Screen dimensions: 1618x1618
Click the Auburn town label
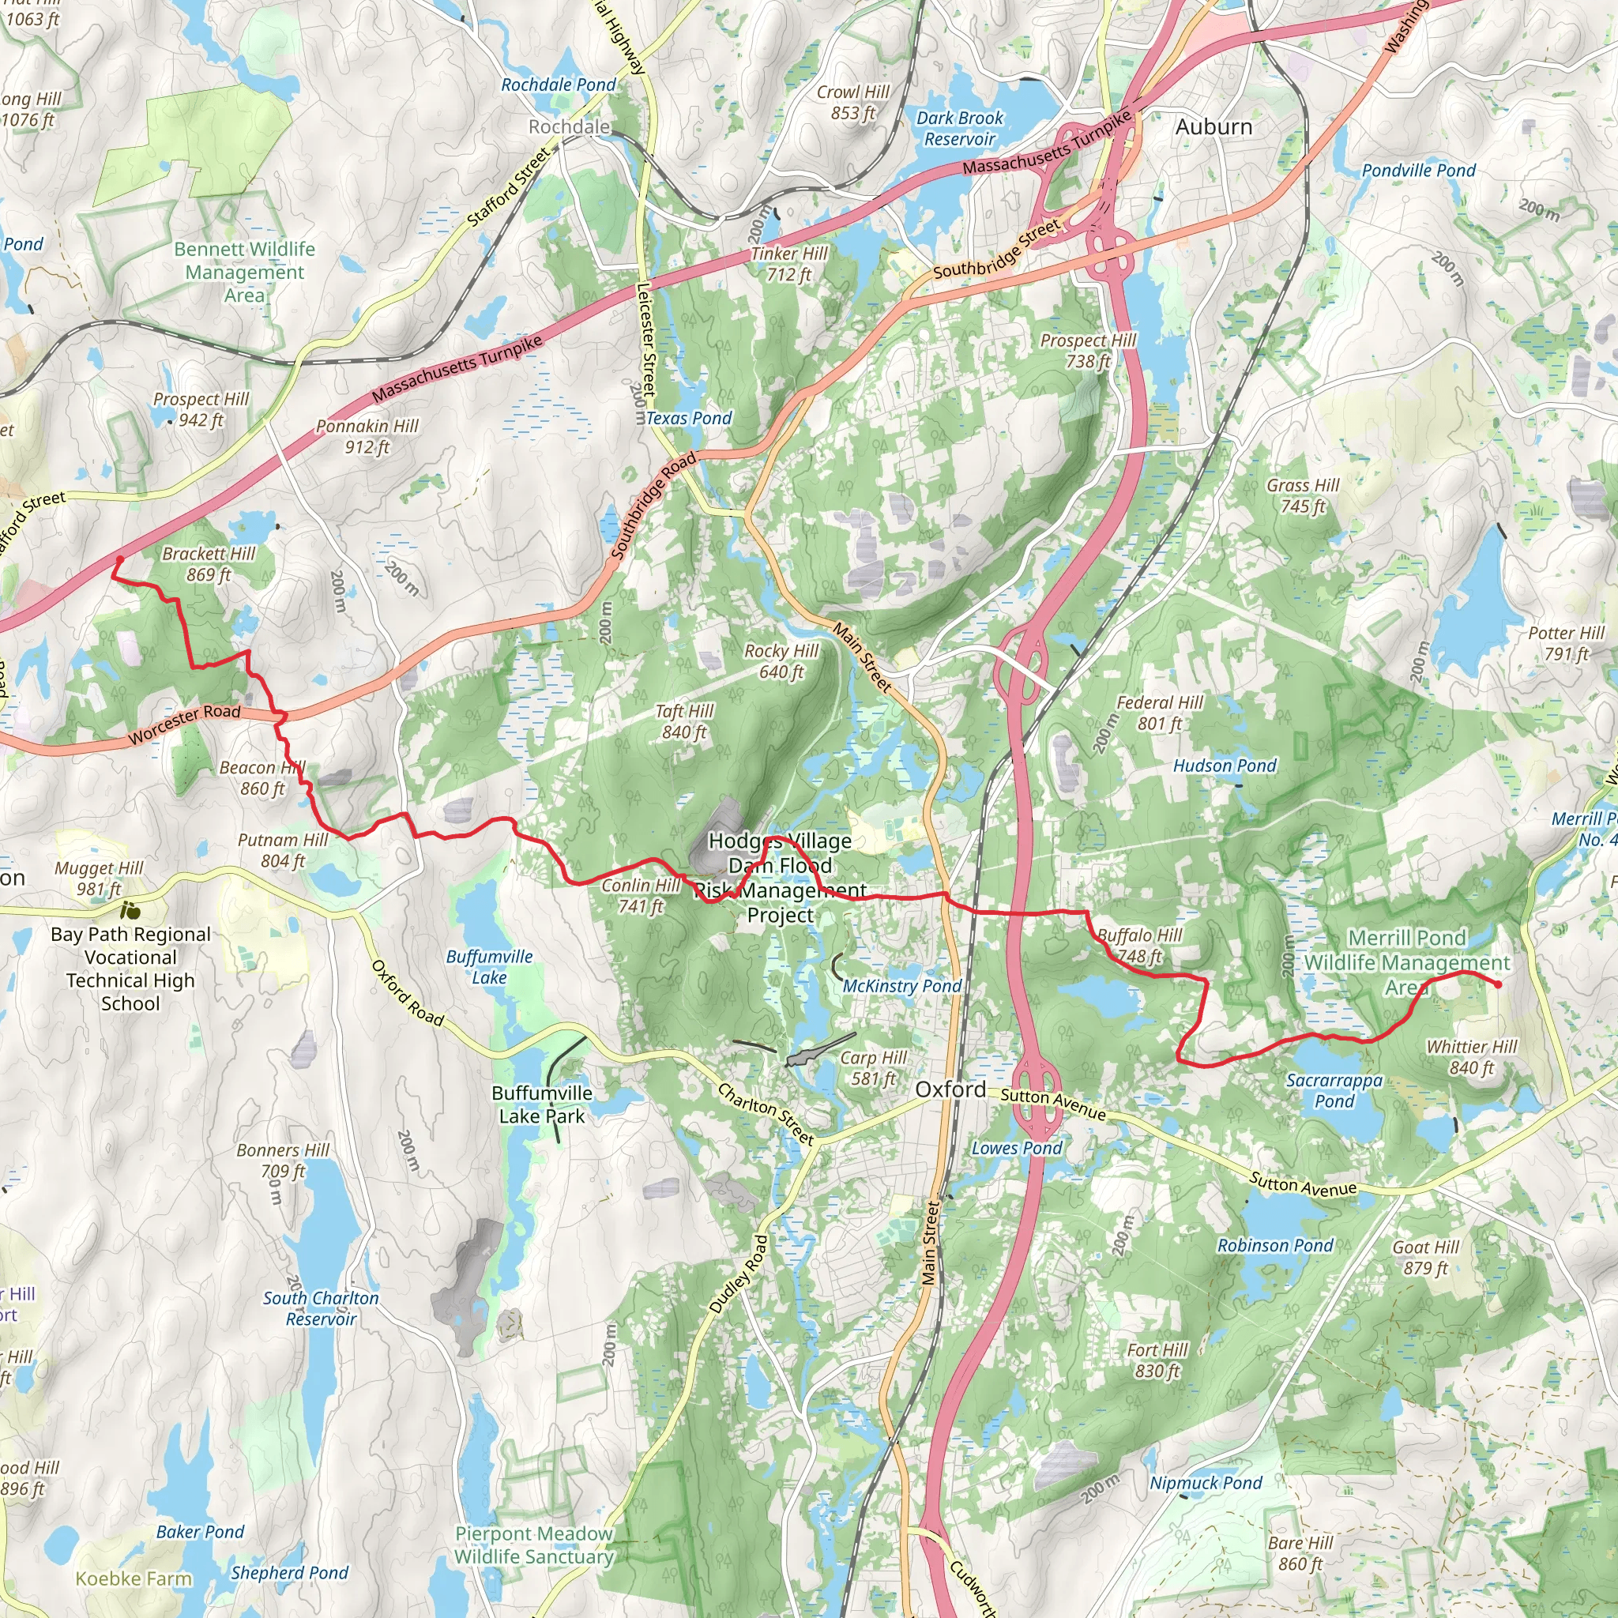(1213, 127)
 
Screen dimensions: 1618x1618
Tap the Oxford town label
(950, 1089)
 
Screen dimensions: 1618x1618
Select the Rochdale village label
(569, 126)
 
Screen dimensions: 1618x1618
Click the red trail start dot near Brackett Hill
(120, 559)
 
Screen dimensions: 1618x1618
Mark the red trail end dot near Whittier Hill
(1497, 985)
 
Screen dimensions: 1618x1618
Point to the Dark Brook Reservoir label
(959, 128)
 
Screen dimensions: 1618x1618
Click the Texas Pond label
(688, 418)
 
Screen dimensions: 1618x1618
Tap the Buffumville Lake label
(489, 966)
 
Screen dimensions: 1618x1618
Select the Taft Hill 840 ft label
(684, 721)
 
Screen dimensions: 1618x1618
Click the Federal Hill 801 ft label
(1159, 713)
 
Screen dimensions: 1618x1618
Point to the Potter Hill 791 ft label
(1565, 643)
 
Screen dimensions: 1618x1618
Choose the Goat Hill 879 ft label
(1425, 1257)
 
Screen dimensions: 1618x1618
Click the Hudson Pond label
(1225, 766)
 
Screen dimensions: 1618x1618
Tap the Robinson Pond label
(1274, 1245)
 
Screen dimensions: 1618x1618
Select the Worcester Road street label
(184, 724)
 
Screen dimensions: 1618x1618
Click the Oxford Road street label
(407, 992)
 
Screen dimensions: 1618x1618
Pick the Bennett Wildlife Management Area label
(245, 273)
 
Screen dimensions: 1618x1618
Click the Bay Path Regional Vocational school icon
(130, 909)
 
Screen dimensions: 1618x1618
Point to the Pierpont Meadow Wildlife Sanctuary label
(534, 1545)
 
